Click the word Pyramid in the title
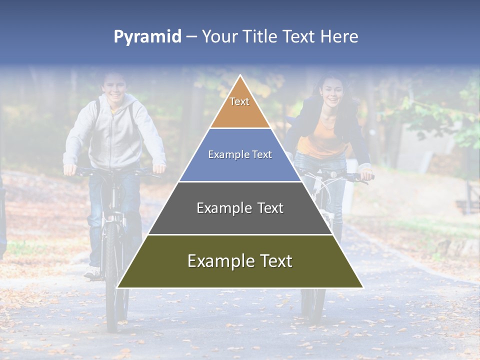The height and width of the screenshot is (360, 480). [147, 37]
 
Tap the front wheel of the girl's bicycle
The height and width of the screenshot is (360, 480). [313, 300]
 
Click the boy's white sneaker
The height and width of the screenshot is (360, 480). [92, 272]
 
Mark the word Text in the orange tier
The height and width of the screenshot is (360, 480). [239, 101]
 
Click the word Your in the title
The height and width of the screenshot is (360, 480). [218, 37]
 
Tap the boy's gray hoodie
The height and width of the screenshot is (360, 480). [115, 135]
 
